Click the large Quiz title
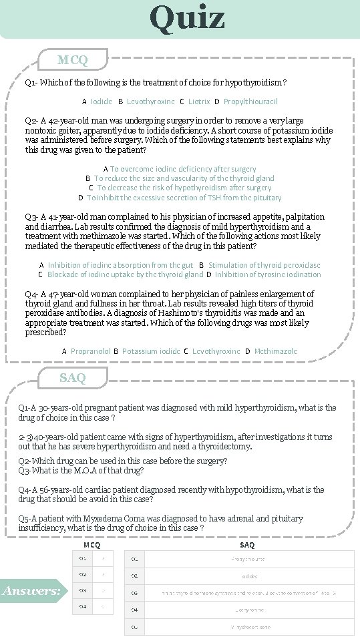click(187, 18)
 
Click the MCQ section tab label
click(72, 60)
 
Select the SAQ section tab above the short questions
click(72, 378)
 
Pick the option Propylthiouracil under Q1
click(250, 101)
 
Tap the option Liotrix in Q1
click(199, 101)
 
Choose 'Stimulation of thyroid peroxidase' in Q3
click(264, 265)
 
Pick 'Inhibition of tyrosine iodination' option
click(267, 274)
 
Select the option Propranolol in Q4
click(90, 351)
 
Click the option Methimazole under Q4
click(275, 351)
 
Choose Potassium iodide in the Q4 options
click(151, 351)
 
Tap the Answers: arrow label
click(32, 591)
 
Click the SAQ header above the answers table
click(246, 545)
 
